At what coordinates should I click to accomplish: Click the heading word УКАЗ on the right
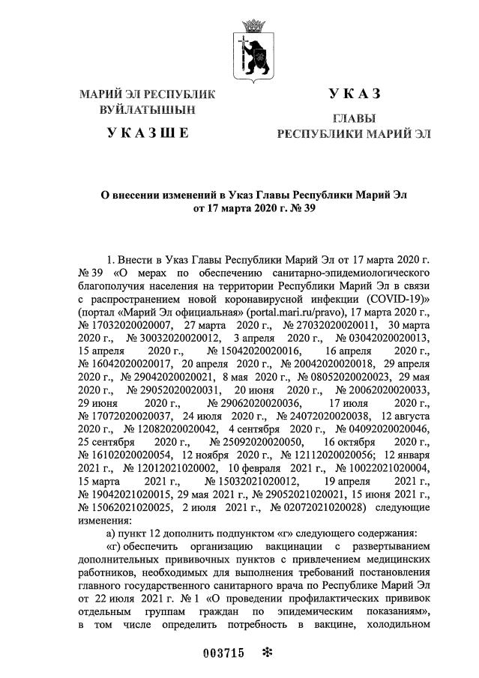point(355,94)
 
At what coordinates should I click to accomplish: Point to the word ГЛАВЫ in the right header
point(354,119)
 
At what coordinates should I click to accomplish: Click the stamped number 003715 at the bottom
point(224,652)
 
